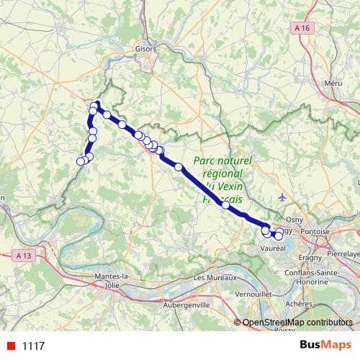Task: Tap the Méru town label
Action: point(333,84)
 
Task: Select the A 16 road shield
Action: point(303,27)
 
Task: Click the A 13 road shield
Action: point(23,255)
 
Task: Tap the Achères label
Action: point(298,304)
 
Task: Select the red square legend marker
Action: point(10,346)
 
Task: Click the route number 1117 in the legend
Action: point(34,346)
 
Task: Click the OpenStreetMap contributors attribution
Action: point(297,322)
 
